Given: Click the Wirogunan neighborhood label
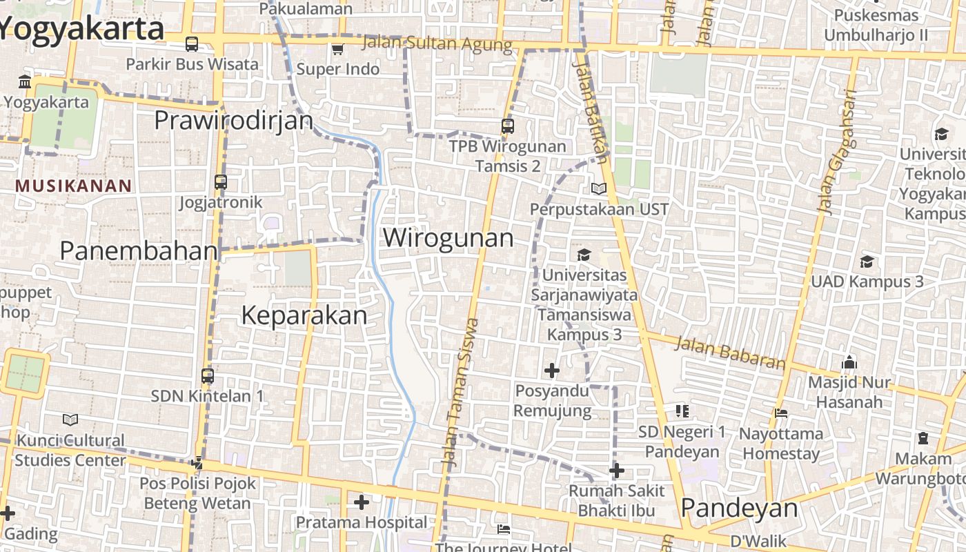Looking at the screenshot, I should tap(448, 238).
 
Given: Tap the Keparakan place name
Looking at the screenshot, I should tap(304, 316).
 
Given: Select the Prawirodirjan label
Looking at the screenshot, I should tap(233, 121).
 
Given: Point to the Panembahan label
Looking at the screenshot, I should tap(139, 251).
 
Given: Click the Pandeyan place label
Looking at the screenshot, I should tap(739, 509).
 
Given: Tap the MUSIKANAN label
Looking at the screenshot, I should tap(73, 186).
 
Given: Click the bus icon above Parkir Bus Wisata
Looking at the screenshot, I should tap(192, 44).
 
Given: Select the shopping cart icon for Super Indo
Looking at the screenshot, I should tap(337, 49).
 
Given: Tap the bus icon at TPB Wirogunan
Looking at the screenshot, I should tap(508, 126).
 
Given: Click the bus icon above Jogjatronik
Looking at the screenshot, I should tap(221, 182).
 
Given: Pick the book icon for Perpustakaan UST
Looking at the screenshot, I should tap(598, 188).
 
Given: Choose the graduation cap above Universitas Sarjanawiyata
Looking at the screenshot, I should tap(584, 255).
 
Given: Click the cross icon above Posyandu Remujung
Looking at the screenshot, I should tap(552, 371).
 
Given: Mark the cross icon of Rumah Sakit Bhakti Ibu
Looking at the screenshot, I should tap(617, 471).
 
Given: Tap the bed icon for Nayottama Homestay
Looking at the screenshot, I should tap(781, 413).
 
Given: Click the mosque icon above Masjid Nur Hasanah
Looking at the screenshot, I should tap(849, 362).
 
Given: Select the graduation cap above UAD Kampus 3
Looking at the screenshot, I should tap(867, 262).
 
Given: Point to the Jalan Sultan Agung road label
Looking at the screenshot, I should tap(437, 44).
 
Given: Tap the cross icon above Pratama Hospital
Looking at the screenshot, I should tap(361, 502).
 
